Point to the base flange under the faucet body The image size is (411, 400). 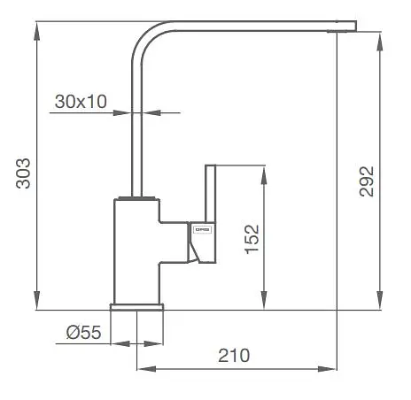coord(136,307)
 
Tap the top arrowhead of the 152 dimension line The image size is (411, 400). coord(263,169)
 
